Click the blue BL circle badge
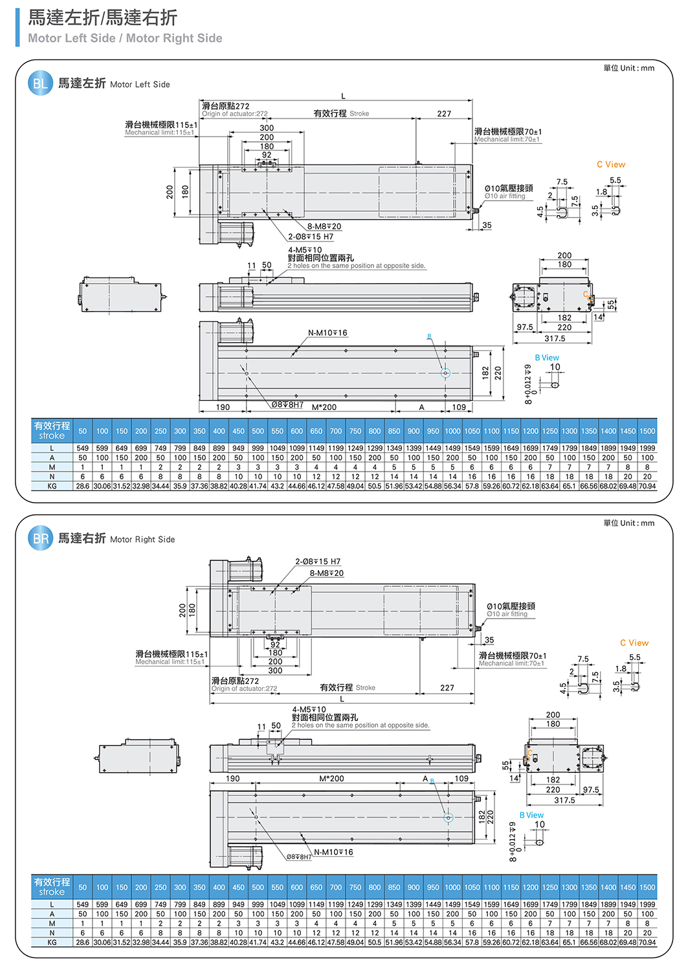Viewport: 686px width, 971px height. pos(40,84)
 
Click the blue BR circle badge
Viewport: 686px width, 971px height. pos(40,538)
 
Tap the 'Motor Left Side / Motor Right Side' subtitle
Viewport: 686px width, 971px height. pos(125,38)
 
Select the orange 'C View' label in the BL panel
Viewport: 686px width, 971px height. pos(611,165)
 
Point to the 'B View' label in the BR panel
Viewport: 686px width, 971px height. pos(531,815)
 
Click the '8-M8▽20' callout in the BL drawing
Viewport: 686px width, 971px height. pos(324,226)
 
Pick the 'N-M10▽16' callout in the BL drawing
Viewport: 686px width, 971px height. pos(327,333)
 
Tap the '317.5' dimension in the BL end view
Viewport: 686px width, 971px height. pos(555,338)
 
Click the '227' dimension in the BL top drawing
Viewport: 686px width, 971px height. pos(444,114)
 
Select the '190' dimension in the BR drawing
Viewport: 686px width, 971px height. pos(233,779)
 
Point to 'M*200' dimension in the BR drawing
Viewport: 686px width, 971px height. pos(331,779)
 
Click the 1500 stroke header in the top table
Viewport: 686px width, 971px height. pos(647,431)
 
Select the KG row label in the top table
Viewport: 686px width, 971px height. pos(52,486)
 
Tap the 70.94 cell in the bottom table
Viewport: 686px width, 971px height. pos(647,942)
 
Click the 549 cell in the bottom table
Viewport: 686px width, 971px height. pos(83,904)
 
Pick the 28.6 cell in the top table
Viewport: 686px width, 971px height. pos(83,486)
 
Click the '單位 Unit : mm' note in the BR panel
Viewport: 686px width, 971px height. pos(628,523)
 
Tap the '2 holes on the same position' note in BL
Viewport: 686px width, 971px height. pos(357,266)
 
